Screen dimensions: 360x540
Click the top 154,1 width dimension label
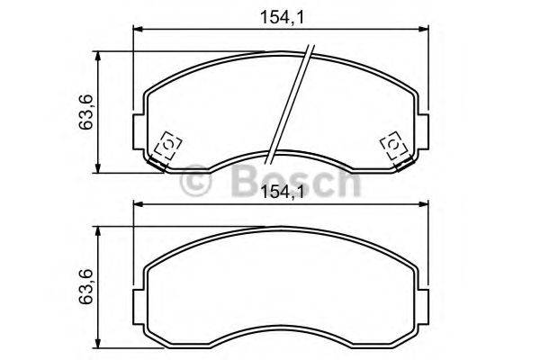(280, 16)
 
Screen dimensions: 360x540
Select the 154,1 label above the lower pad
(280, 191)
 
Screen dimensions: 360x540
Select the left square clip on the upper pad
(167, 145)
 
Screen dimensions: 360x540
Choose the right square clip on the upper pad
(393, 145)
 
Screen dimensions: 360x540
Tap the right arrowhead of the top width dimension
(423, 30)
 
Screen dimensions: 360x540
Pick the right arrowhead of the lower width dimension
(423, 205)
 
